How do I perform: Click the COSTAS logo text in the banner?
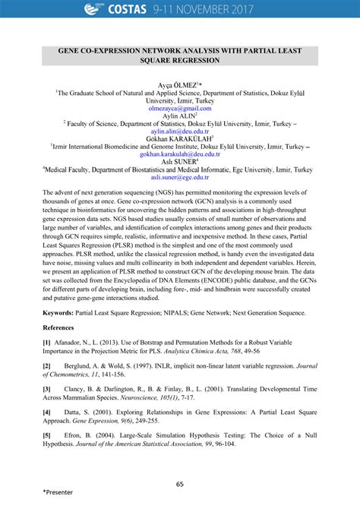tap(134, 8)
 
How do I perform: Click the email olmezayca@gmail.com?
tap(179, 109)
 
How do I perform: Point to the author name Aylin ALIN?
tap(179, 115)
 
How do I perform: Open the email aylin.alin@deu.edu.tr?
tap(179, 131)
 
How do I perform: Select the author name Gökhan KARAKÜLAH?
tap(179, 138)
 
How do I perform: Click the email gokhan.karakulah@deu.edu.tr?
tap(179, 153)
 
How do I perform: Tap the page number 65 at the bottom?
tap(180, 484)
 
